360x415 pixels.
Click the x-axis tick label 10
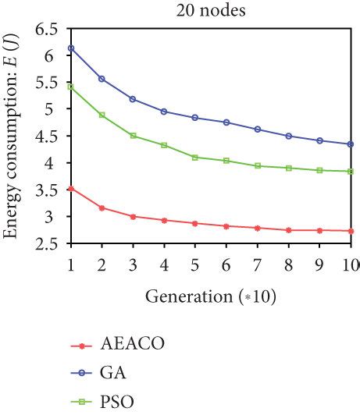[350, 264]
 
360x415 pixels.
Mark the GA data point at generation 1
[70, 48]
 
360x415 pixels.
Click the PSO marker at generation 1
[70, 87]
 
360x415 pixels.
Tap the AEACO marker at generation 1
[70, 188]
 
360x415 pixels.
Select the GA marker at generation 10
[351, 144]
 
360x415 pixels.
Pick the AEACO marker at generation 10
[351, 231]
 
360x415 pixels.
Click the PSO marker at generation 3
[133, 136]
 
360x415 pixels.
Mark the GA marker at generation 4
[164, 112]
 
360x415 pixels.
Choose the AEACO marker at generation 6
[226, 226]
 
